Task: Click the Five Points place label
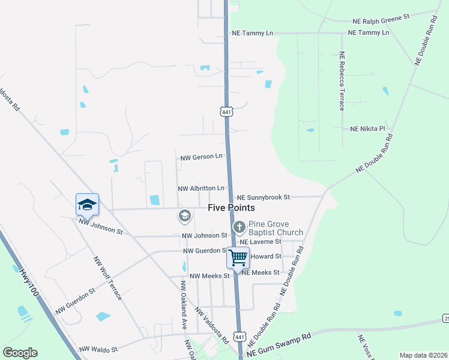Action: pyautogui.click(x=231, y=208)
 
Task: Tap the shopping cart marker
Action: pyautogui.click(x=238, y=258)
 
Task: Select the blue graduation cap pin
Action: pyautogui.click(x=87, y=205)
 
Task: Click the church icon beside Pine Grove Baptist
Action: pyautogui.click(x=239, y=227)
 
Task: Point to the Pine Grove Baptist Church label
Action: pyautogui.click(x=276, y=228)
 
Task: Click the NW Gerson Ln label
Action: pyautogui.click(x=202, y=157)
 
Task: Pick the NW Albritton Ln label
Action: pyautogui.click(x=201, y=188)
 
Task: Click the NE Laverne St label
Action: pyautogui.click(x=261, y=241)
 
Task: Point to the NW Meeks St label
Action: pyautogui.click(x=209, y=275)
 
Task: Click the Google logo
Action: pyautogui.click(x=20, y=353)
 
